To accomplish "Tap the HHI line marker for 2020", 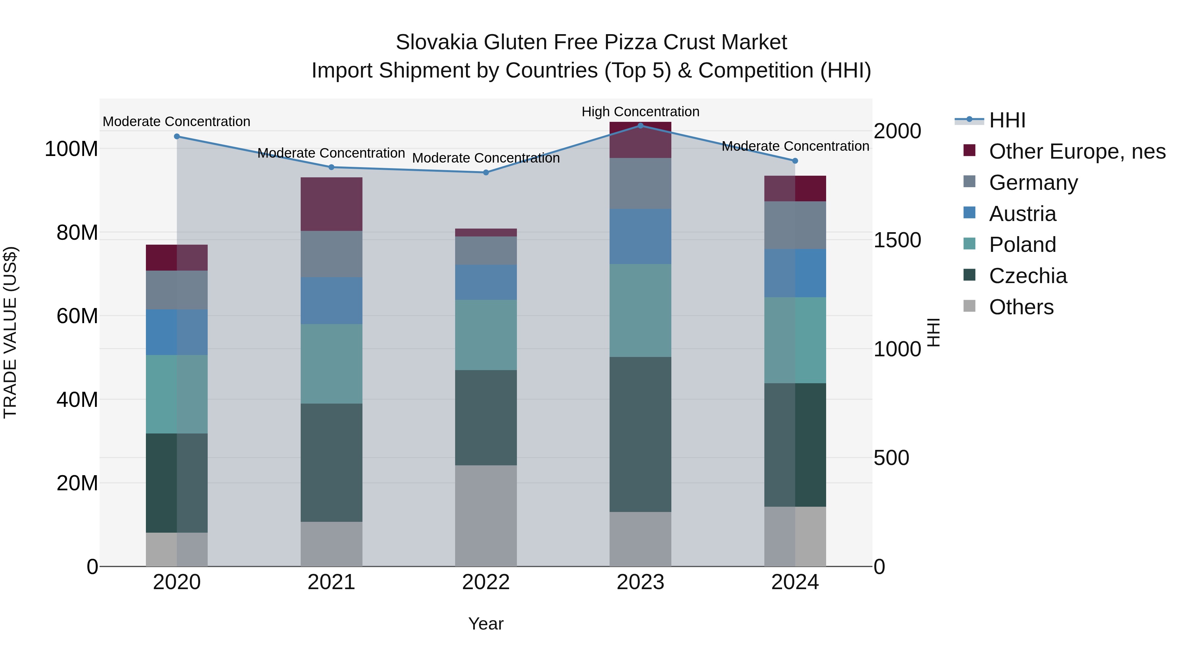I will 177,136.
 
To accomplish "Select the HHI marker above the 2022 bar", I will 486,172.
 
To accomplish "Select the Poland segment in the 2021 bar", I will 331,364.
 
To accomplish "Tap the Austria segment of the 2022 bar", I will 486,282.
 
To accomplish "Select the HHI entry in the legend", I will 1007,120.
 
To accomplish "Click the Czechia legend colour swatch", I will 969,275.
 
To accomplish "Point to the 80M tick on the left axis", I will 77,233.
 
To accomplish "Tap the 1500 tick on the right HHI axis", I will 897,240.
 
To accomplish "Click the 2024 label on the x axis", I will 795,582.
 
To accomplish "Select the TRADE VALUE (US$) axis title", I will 10,332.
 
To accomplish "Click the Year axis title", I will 486,624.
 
